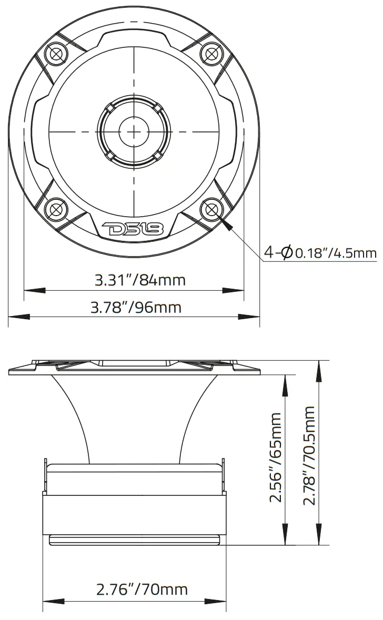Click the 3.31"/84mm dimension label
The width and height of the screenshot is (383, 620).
[x=140, y=280]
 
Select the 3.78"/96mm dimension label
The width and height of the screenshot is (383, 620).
[x=136, y=307]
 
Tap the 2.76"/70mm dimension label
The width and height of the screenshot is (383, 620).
[x=142, y=589]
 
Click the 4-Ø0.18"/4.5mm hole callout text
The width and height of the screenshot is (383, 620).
[x=320, y=253]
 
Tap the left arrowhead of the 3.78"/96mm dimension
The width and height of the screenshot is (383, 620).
[x=19, y=317]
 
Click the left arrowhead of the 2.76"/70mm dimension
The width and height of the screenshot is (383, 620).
[x=53, y=602]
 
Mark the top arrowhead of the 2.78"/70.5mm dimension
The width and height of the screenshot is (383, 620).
[x=319, y=371]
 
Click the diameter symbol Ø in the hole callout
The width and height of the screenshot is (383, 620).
[x=287, y=253]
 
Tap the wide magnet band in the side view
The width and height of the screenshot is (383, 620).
[x=134, y=513]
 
